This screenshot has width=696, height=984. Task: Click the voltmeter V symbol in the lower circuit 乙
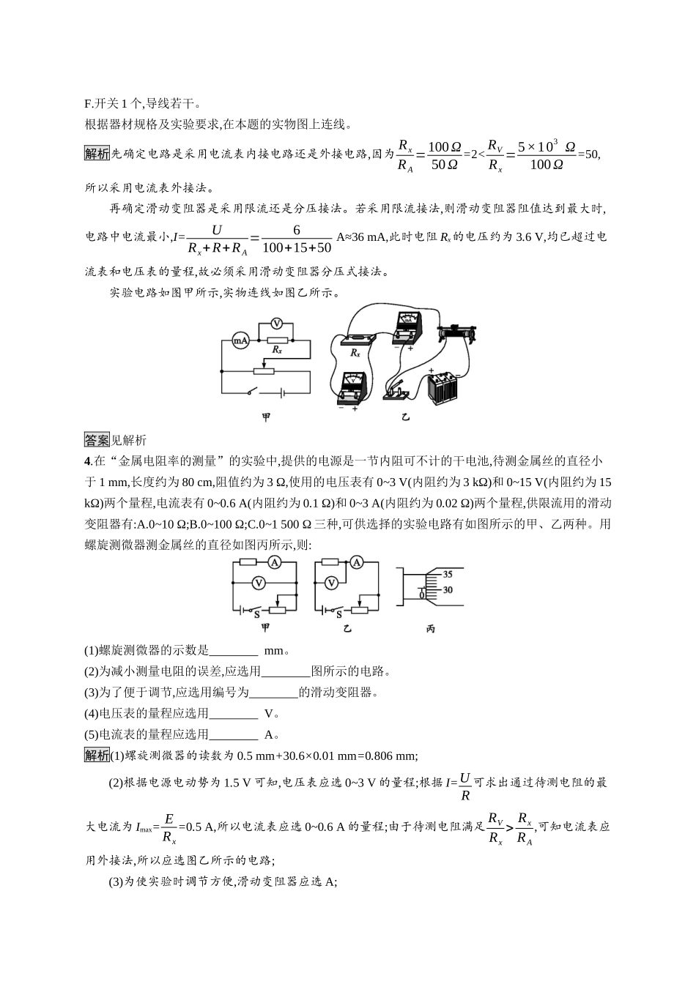[331, 583]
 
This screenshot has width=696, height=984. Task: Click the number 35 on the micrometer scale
[448, 575]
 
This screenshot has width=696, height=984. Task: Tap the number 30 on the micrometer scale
[448, 590]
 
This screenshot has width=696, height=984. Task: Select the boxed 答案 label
[97, 440]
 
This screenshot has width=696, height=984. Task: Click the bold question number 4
[88, 461]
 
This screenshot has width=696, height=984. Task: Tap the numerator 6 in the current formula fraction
[297, 230]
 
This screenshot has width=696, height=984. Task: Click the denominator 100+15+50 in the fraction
[296, 248]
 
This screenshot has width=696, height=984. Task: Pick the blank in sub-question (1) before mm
[234, 650]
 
